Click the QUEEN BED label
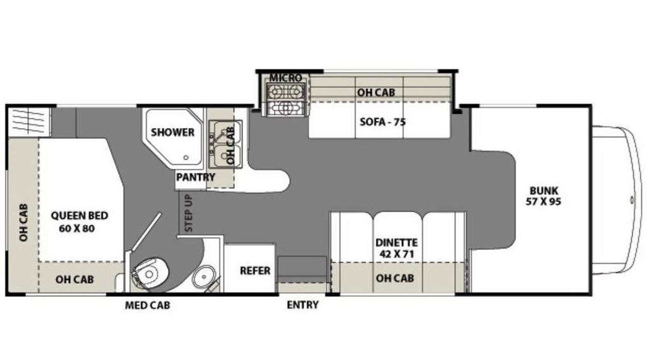[x=79, y=215]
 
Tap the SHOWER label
[x=173, y=132]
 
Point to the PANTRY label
[x=196, y=177]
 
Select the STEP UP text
[x=189, y=213]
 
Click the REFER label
[x=255, y=271]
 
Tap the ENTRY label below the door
[x=303, y=305]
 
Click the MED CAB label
[x=148, y=306]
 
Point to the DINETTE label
[x=397, y=243]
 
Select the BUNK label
[x=544, y=191]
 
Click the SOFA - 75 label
[x=383, y=122]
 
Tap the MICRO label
[x=285, y=78]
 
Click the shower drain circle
[x=186, y=157]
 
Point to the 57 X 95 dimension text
[x=543, y=202]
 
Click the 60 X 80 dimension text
[x=76, y=228]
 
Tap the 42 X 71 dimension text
[x=397, y=254]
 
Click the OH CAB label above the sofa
[x=376, y=92]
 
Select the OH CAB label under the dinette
[x=395, y=278]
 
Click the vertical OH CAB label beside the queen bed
[x=24, y=222]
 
